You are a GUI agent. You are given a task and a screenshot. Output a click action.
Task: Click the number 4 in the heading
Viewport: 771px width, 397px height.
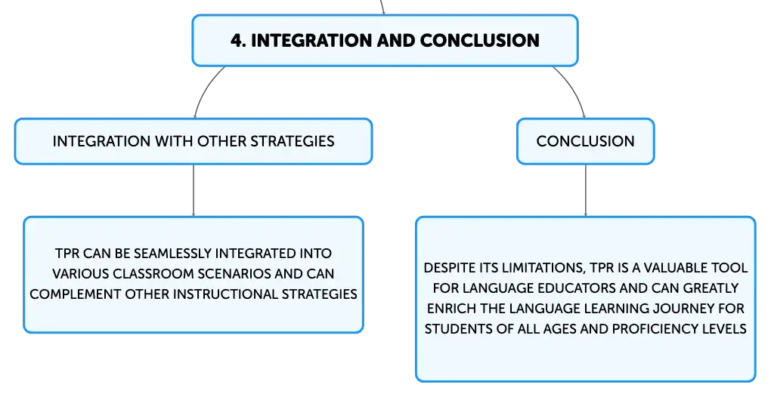(x=237, y=40)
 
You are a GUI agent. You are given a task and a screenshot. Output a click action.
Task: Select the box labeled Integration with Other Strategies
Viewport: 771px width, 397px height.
(x=194, y=141)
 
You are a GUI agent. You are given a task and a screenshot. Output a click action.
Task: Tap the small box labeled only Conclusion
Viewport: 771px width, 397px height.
(x=585, y=141)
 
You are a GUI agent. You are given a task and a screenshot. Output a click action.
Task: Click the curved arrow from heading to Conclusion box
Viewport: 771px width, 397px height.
(x=573, y=89)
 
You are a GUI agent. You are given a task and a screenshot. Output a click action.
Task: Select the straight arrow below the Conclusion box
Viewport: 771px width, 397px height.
(x=586, y=190)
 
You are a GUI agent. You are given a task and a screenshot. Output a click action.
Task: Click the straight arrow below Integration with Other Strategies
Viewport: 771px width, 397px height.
(x=194, y=190)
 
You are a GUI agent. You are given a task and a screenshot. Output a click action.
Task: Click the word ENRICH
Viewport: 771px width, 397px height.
(x=444, y=309)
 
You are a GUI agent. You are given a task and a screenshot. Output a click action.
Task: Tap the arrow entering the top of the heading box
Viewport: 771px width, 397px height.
(x=382, y=8)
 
